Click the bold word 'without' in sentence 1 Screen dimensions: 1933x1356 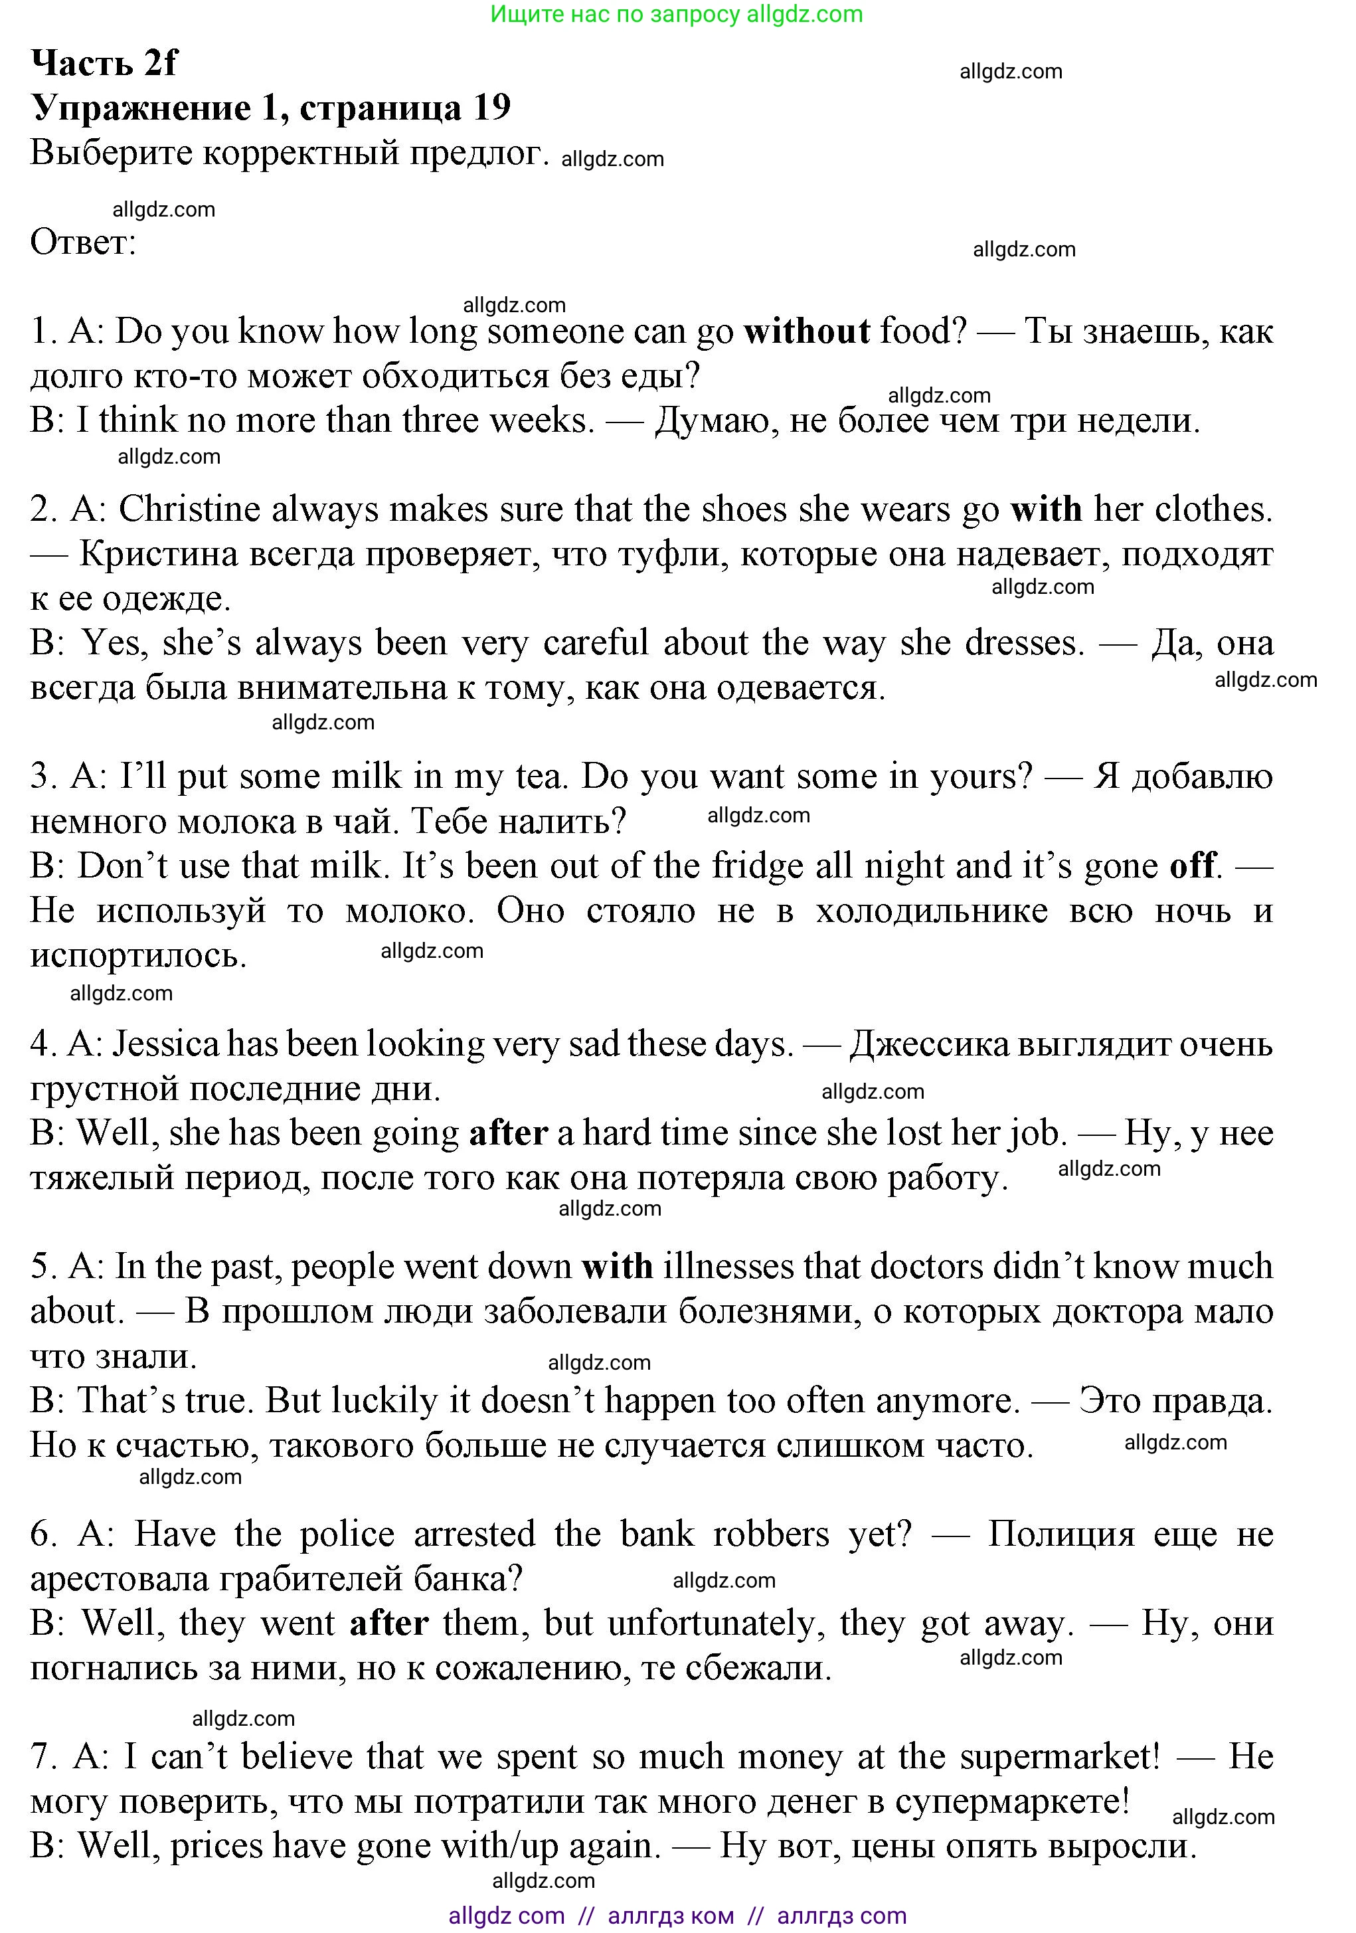(x=806, y=331)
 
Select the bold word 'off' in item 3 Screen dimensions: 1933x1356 (x=1193, y=866)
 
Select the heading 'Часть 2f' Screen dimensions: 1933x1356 (x=104, y=63)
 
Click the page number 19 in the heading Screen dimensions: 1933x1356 (x=491, y=108)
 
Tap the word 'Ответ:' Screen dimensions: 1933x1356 (x=83, y=242)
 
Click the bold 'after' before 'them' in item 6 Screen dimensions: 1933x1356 (x=389, y=1623)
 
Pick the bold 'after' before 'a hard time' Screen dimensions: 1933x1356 (x=509, y=1133)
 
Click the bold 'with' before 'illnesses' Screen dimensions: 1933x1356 (x=616, y=1267)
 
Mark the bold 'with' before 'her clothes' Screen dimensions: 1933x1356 (x=1045, y=509)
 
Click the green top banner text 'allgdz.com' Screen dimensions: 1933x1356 (x=804, y=15)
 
